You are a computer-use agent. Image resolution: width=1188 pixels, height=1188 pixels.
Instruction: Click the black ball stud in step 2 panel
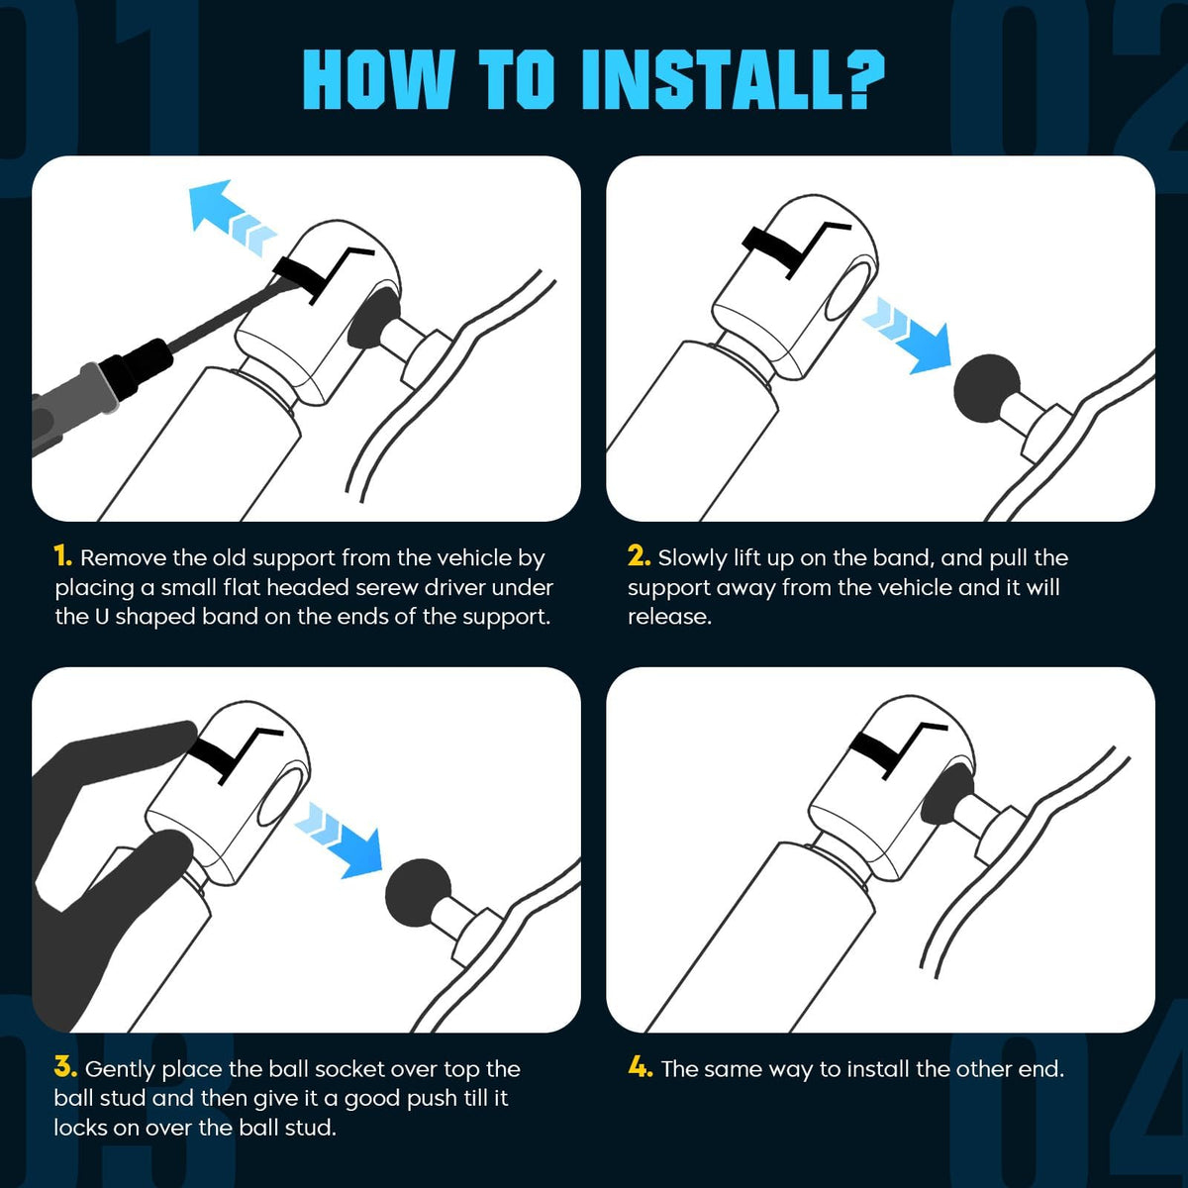(987, 388)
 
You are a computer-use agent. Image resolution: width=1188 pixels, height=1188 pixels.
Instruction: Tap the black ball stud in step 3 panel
(419, 892)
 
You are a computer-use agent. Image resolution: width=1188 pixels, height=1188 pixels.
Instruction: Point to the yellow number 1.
(63, 556)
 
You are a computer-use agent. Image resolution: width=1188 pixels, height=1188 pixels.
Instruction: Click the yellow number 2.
(640, 556)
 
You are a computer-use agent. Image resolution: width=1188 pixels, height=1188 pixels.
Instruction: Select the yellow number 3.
(65, 1067)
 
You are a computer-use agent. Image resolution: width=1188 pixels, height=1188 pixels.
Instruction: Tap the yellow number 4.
(641, 1067)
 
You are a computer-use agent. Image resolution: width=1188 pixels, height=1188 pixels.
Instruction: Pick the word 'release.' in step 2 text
(669, 617)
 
